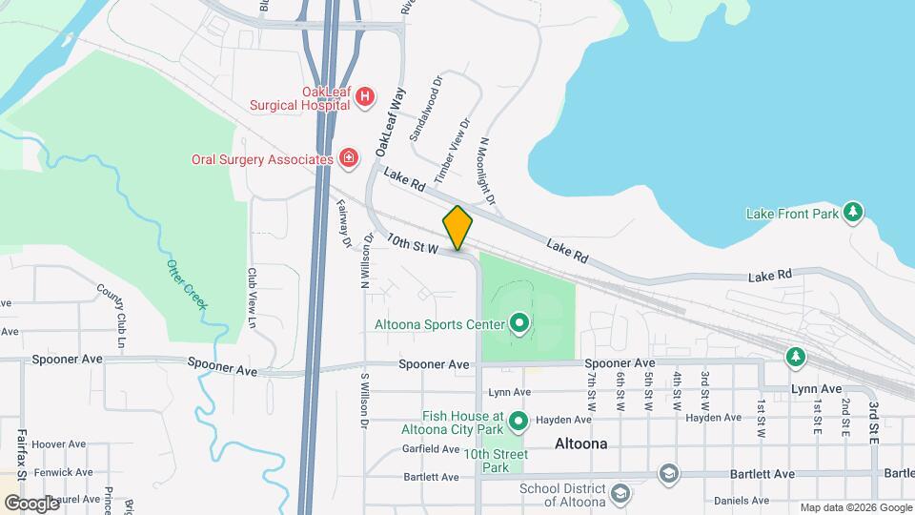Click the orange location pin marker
(458, 227)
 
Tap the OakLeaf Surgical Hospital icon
(365, 96)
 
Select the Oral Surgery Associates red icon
(350, 158)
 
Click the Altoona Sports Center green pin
(519, 324)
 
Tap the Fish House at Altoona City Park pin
(519, 420)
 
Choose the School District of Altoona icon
(620, 492)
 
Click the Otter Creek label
(186, 283)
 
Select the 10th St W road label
(412, 243)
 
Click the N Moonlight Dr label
(487, 171)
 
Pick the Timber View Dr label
(453, 151)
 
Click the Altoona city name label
(580, 443)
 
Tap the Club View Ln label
(253, 298)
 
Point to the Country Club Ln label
(112, 315)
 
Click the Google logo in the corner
(30, 503)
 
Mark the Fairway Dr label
(343, 222)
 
